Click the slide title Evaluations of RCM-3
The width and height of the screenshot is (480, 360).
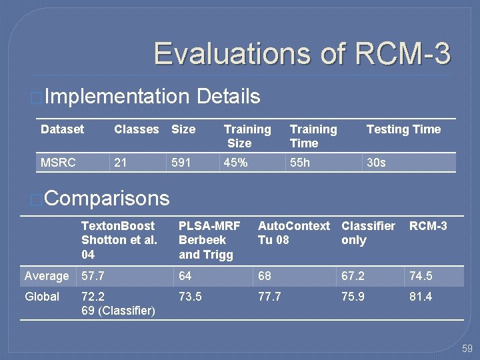click(x=302, y=54)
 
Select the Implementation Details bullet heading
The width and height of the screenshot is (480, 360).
click(x=153, y=97)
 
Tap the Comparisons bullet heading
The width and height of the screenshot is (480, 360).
click(x=107, y=198)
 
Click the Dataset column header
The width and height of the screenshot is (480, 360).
click(x=63, y=129)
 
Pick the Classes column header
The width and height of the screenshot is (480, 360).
click(x=137, y=129)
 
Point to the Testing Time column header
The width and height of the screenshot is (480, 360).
click(x=403, y=129)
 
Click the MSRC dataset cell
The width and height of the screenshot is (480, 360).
click(x=58, y=163)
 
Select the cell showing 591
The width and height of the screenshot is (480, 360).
click(x=181, y=163)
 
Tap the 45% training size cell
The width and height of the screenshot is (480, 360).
click(x=236, y=163)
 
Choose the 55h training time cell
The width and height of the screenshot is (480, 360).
click(x=300, y=163)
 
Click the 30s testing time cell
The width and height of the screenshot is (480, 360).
click(x=376, y=163)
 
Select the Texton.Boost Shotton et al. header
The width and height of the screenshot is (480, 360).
click(x=119, y=240)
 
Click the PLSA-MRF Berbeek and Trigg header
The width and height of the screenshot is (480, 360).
click(x=209, y=240)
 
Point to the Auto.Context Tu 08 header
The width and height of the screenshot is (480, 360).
click(x=293, y=233)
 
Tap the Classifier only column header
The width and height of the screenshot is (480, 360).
click(x=368, y=233)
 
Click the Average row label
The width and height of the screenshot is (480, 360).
click(x=47, y=276)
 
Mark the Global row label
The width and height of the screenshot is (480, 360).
click(x=42, y=297)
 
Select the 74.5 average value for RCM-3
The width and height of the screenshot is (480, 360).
click(x=421, y=276)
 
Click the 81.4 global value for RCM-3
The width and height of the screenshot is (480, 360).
click(x=421, y=297)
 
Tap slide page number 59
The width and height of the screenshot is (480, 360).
click(x=467, y=349)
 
